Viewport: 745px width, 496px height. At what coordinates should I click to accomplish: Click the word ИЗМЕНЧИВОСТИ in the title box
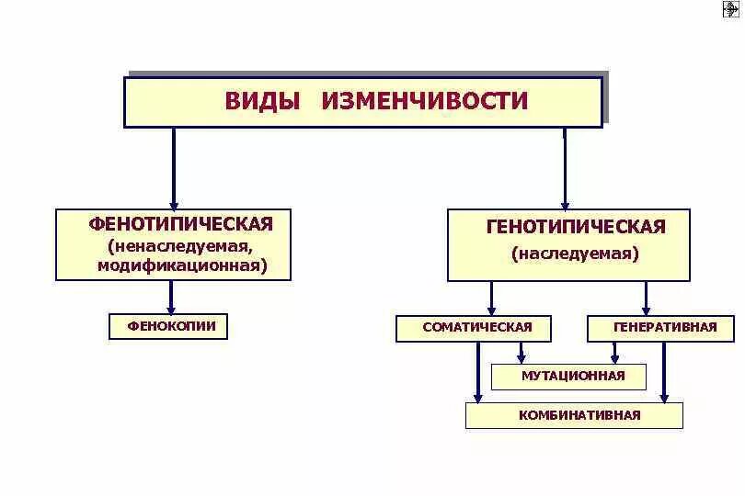click(424, 101)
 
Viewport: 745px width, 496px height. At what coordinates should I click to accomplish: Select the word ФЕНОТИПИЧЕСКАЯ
click(180, 224)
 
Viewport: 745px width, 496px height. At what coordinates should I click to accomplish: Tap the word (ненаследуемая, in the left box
click(178, 246)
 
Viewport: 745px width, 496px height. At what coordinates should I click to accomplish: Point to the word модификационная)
click(182, 265)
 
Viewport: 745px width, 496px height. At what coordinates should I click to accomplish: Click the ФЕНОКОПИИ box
click(168, 326)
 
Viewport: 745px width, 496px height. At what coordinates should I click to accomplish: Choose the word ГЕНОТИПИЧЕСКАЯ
click(575, 227)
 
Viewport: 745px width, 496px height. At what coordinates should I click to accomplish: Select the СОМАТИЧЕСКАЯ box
click(476, 328)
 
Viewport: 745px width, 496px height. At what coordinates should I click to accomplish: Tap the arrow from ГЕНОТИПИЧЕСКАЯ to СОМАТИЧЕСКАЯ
click(491, 298)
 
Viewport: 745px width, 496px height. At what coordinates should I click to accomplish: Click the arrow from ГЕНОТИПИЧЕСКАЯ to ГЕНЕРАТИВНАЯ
click(646, 298)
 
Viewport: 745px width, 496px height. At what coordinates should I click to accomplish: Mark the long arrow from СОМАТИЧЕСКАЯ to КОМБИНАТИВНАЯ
click(477, 371)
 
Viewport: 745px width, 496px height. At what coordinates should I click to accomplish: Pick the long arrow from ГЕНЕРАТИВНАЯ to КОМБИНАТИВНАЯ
click(663, 371)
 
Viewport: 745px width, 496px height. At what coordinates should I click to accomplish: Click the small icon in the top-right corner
click(731, 9)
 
